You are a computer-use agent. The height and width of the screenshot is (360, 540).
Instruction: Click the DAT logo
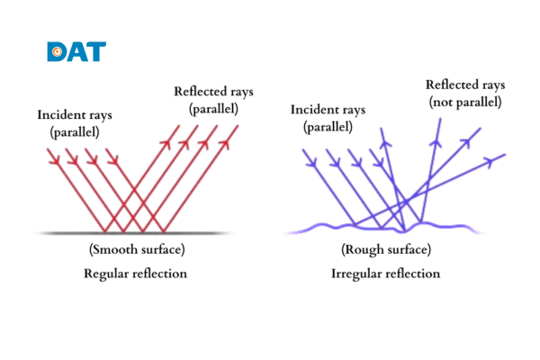tap(76, 51)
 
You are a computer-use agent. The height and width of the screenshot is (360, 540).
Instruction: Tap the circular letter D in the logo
tap(56, 51)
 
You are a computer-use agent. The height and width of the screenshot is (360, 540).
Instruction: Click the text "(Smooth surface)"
tap(136, 248)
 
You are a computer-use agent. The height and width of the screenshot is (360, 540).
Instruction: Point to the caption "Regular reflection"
tap(135, 273)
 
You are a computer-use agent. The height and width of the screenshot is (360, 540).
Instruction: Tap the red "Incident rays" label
tap(75, 115)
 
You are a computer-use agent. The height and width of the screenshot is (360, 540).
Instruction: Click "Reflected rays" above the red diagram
tap(215, 91)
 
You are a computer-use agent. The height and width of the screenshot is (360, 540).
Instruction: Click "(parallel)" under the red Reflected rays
tap(215, 108)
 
